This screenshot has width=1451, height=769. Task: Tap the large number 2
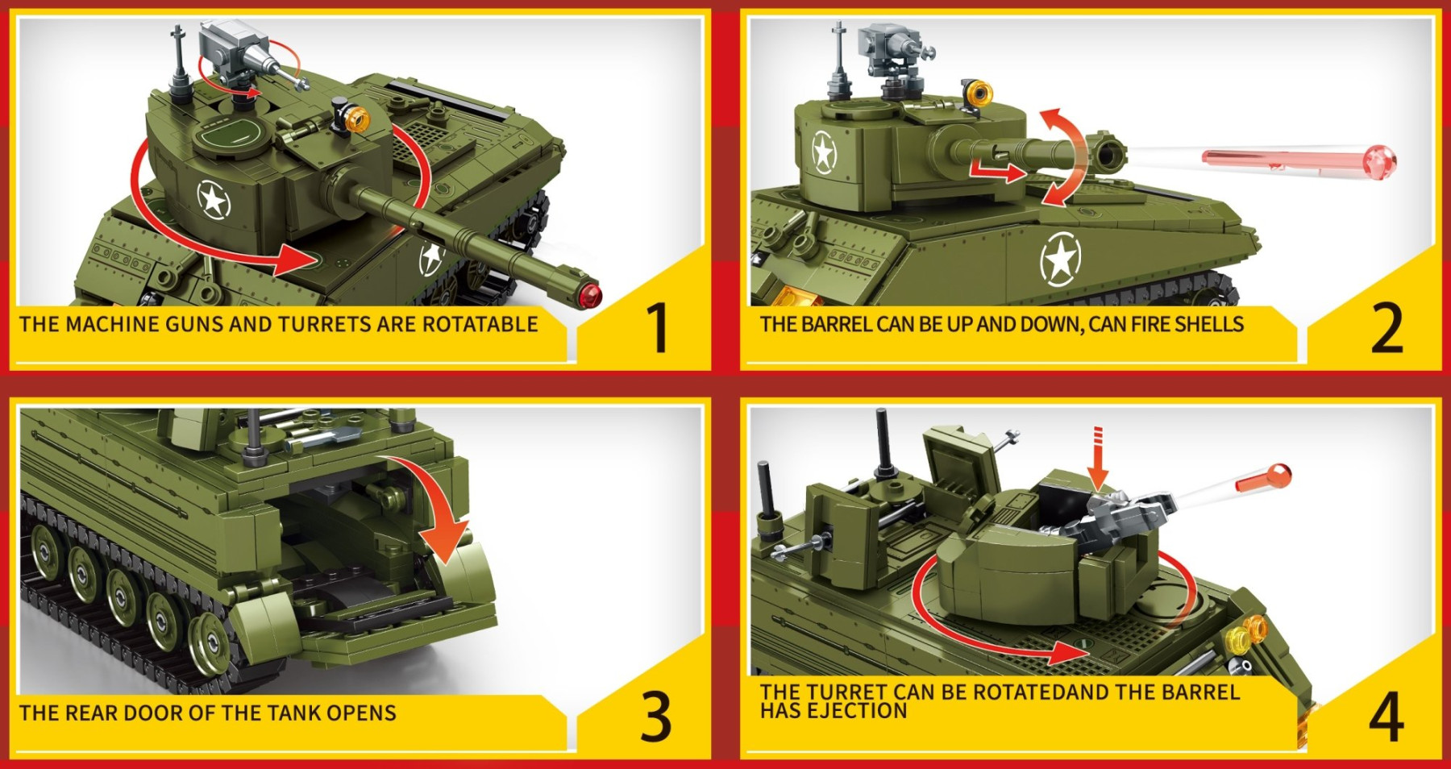tap(1387, 328)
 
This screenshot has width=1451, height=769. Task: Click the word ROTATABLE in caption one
tap(480, 324)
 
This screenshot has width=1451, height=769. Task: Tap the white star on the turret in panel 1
tap(214, 198)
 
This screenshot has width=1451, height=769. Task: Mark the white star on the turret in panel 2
tap(824, 152)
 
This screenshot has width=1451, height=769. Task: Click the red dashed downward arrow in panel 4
tap(1097, 457)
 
